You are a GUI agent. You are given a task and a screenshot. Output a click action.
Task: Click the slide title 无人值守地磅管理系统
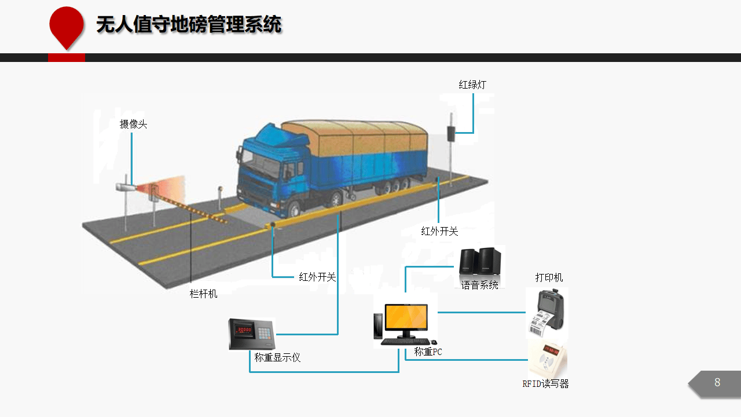(x=189, y=24)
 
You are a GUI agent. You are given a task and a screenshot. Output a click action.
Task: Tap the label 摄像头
(x=133, y=125)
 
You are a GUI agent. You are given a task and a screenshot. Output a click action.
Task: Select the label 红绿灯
(x=472, y=85)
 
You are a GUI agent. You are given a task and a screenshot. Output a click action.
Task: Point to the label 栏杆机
(x=203, y=294)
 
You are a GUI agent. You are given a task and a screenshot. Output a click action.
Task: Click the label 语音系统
(x=480, y=285)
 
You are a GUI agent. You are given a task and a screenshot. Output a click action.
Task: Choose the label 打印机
(x=549, y=277)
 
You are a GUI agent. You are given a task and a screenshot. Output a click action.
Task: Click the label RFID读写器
(x=545, y=384)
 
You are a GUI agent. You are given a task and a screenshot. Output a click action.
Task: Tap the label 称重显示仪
(x=277, y=357)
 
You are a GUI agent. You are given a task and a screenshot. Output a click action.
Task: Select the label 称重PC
(x=428, y=352)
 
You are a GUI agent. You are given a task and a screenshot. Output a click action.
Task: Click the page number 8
(x=717, y=383)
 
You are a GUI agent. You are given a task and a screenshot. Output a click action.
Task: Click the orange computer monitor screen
(x=406, y=317)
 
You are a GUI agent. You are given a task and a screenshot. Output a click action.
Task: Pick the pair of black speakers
(x=480, y=261)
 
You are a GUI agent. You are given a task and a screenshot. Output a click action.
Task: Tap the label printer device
(x=548, y=313)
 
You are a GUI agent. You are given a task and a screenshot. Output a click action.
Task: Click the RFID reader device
(x=548, y=360)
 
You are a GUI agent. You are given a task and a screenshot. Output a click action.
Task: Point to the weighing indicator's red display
(x=244, y=330)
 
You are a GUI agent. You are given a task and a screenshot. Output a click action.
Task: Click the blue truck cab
(x=272, y=169)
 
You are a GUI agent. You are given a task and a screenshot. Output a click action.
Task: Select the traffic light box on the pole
(x=451, y=133)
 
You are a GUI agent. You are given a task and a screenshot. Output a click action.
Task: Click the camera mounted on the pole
(x=126, y=187)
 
